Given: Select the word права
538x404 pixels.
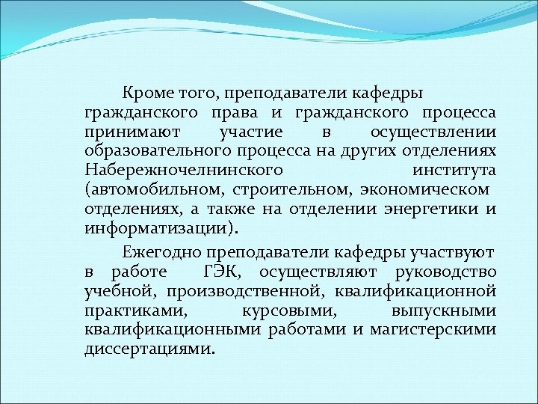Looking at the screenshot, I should coord(231,113).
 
